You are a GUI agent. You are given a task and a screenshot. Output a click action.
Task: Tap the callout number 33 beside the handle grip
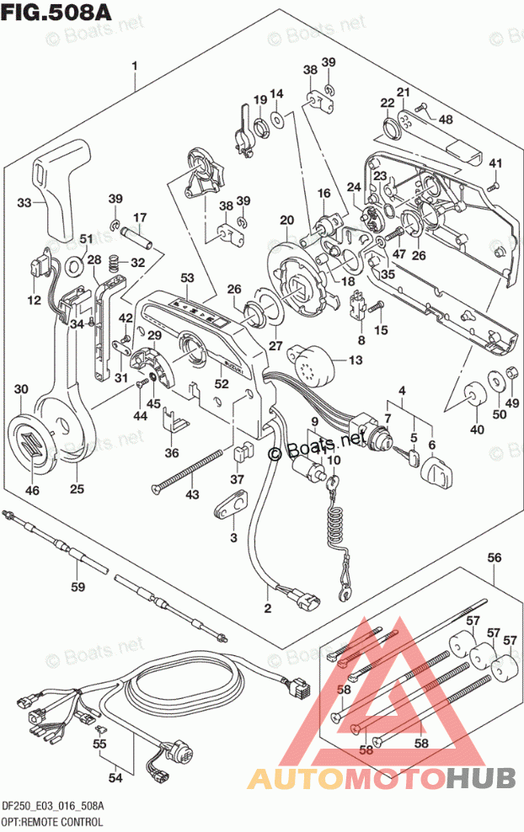(x=24, y=202)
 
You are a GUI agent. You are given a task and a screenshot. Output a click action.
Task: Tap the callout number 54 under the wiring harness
(x=115, y=776)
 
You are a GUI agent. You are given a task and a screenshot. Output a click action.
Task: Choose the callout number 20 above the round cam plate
(x=286, y=221)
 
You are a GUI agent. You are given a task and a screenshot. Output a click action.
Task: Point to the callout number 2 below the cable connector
(x=268, y=608)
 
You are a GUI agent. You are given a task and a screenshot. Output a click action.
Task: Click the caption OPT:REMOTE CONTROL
(x=52, y=820)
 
